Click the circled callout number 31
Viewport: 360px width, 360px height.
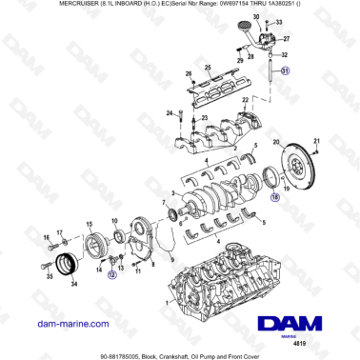pyautogui.click(x=286, y=72)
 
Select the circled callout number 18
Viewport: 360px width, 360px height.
pyautogui.click(x=275, y=196)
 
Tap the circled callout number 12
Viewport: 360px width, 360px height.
pyautogui.click(x=111, y=274)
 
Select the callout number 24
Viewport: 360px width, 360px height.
pyautogui.click(x=170, y=113)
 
